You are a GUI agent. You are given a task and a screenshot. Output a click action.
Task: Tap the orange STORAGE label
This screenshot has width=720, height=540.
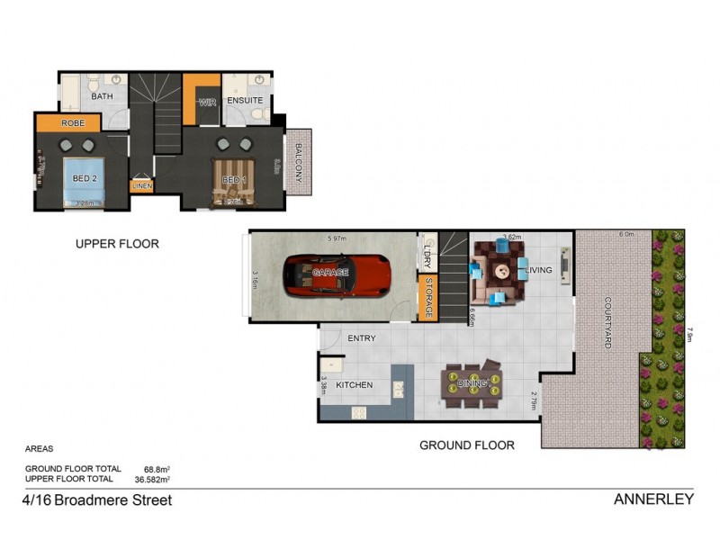429,298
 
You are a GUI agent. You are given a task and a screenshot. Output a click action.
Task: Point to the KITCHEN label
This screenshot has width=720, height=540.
355,385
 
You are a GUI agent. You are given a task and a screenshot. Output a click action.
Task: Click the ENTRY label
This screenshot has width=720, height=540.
361,338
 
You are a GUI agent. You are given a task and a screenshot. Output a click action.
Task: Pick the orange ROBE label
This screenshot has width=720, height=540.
73,122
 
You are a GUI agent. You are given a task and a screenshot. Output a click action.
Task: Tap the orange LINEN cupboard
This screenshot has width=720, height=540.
142,185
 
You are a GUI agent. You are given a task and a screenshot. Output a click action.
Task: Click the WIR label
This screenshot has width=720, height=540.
207,102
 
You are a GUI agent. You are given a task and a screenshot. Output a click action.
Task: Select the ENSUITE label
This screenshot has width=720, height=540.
244,100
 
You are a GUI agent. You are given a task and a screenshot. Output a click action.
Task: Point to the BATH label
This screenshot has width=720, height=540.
102,95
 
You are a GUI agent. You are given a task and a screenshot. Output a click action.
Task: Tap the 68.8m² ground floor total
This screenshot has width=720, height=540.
157,469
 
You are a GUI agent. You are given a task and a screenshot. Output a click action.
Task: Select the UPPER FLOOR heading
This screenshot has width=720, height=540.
117,243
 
